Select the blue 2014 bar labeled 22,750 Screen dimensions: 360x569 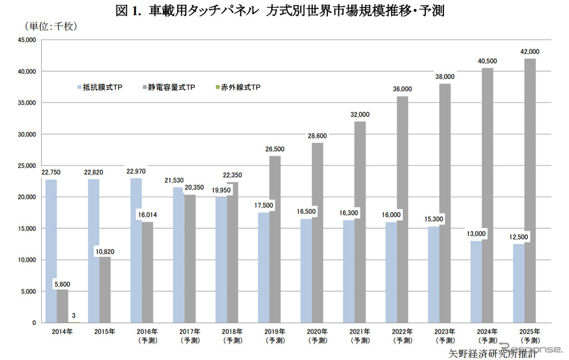[51, 251]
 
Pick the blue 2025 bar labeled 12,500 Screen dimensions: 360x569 [519, 283]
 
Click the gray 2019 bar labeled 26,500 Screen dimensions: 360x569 [274, 239]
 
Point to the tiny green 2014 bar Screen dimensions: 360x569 [73, 322]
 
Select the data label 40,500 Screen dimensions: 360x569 [488, 61]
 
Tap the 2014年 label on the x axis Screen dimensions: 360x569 [62, 332]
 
